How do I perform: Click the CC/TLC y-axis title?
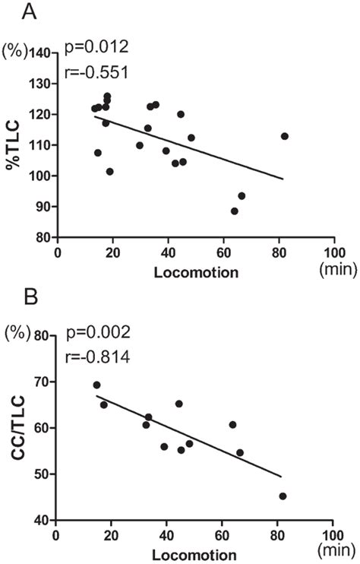click(14, 427)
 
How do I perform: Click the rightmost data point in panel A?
click(285, 136)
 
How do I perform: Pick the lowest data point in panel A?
click(235, 211)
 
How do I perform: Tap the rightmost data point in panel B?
click(283, 496)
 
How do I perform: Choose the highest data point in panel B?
click(96, 385)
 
